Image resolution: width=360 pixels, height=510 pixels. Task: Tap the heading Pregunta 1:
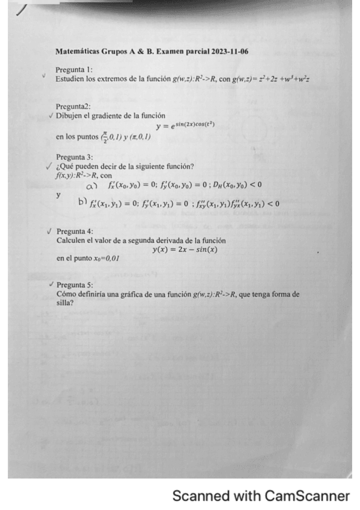(73, 70)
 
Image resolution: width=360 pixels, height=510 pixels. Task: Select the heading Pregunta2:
(73, 106)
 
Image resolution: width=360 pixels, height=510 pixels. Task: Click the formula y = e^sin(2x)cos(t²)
(185, 125)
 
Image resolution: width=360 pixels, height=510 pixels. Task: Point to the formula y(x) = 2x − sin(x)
(185, 249)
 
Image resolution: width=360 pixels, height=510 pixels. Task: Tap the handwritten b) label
(84, 203)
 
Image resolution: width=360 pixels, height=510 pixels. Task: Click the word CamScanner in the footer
(307, 496)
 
